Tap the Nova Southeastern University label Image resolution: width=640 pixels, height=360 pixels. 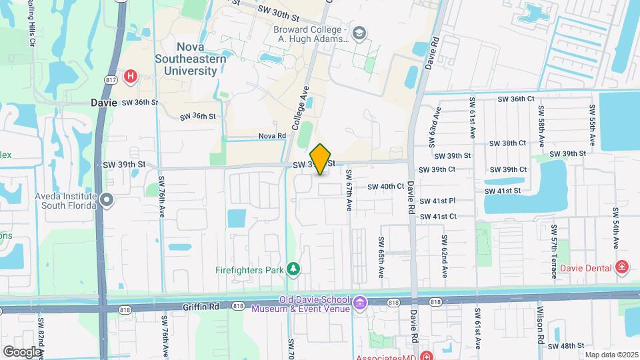[x=201, y=58]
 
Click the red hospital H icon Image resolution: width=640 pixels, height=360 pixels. [x=131, y=75]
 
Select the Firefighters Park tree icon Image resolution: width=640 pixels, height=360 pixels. [x=293, y=269]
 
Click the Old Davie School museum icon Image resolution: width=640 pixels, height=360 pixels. [x=360, y=303]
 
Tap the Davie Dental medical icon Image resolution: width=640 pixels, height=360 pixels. [x=622, y=267]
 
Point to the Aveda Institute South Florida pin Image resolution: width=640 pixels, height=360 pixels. [x=107, y=199]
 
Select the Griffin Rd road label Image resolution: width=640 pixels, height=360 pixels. [x=201, y=307]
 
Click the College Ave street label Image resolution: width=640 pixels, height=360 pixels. [x=301, y=107]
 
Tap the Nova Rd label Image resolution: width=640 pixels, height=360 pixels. [x=272, y=136]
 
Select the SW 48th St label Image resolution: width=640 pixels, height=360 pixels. [x=567, y=345]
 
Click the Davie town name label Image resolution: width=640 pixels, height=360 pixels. [x=103, y=103]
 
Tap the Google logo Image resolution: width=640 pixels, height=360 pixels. [x=22, y=351]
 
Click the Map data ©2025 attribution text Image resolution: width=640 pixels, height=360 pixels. [x=610, y=354]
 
